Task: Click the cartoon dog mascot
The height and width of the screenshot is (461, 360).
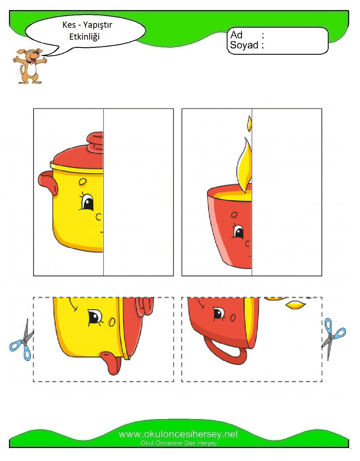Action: pos(29,66)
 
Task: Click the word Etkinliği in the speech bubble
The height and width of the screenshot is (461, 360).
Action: pos(84,37)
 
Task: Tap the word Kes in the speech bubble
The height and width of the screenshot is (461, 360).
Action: pos(69,25)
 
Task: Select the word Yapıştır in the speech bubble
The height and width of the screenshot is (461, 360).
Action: pos(98,25)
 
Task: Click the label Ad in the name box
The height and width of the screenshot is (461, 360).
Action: pos(236,35)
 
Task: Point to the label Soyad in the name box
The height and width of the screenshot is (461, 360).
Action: pos(244,45)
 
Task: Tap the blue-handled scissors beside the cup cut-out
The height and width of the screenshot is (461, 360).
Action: pos(333,339)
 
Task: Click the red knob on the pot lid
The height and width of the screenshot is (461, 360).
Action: pos(95,142)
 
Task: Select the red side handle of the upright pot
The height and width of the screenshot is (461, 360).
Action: pos(48,183)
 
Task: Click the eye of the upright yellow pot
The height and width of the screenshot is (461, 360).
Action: pos(87,202)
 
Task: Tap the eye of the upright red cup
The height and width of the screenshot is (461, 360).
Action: pos(239,232)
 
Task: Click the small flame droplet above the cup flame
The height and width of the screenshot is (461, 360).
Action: pos(250,124)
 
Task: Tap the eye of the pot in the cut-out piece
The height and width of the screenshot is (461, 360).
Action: pos(95,317)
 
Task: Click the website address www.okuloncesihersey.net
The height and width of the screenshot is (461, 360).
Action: pos(178,434)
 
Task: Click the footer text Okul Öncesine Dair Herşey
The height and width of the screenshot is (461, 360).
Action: pos(179,443)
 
